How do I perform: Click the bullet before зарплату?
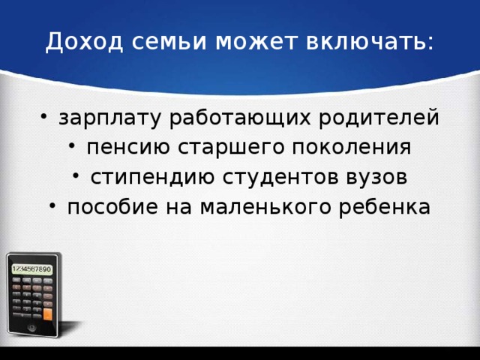(x=46, y=118)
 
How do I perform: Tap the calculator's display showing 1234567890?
(x=31, y=268)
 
